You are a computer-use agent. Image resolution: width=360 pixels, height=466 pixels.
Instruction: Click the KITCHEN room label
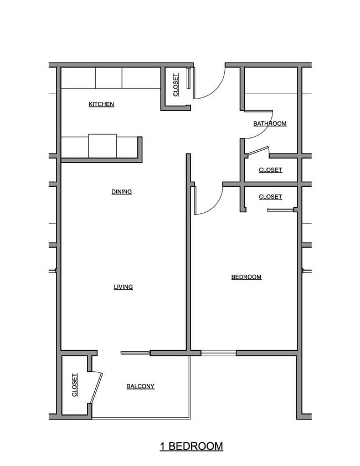pyautogui.click(x=101, y=104)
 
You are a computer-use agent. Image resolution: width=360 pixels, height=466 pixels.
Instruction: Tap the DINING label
pyautogui.click(x=122, y=192)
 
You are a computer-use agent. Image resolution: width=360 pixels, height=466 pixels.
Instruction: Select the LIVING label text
pyautogui.click(x=123, y=287)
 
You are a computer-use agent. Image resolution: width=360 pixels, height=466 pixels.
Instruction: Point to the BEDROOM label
pyautogui.click(x=246, y=277)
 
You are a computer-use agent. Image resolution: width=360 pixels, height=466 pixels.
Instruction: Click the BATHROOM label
pyautogui.click(x=270, y=124)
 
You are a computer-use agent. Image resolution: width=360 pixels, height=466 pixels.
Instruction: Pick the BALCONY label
pyautogui.click(x=140, y=386)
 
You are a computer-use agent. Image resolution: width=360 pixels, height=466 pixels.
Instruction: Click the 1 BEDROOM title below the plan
pyautogui.click(x=192, y=446)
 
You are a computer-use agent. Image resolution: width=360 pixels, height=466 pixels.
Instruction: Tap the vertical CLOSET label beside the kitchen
pyautogui.click(x=176, y=85)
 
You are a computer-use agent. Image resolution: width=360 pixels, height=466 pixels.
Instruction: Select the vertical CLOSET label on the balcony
pyautogui.click(x=75, y=385)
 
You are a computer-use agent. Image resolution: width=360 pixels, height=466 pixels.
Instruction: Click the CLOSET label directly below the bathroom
pyautogui.click(x=270, y=170)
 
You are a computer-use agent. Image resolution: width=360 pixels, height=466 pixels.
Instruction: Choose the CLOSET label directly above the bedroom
pyautogui.click(x=270, y=197)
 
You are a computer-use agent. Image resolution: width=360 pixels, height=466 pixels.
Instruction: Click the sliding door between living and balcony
pyautogui.click(x=135, y=352)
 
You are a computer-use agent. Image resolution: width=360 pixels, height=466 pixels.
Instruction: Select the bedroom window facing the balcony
pyautogui.click(x=218, y=352)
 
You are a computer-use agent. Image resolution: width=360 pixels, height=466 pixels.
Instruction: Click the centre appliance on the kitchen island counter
pyautogui.click(x=102, y=146)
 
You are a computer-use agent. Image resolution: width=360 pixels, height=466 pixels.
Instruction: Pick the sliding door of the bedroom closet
pyautogui.click(x=280, y=209)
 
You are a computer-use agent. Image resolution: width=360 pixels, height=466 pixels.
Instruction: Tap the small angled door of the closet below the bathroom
pyautogui.click(x=257, y=150)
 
